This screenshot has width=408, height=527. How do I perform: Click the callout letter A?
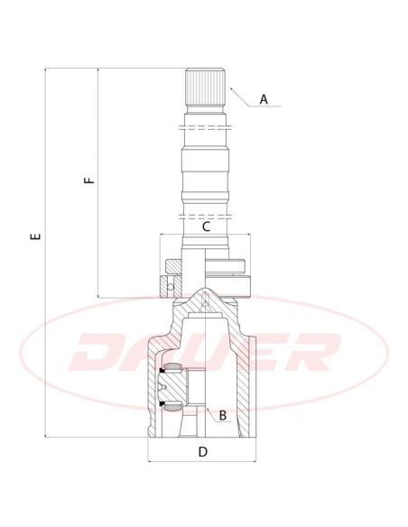click(264, 99)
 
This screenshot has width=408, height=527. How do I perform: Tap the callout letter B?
click(222, 415)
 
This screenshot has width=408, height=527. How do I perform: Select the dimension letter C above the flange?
click(206, 227)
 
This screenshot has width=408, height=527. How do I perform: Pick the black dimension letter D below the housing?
click(203, 452)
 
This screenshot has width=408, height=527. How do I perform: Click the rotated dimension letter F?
click(89, 180)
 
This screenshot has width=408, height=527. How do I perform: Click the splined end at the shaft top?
click(205, 87)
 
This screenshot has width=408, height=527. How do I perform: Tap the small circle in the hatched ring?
click(171, 287)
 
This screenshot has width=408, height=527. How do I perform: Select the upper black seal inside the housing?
click(162, 371)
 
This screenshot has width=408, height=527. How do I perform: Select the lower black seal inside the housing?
click(162, 403)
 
